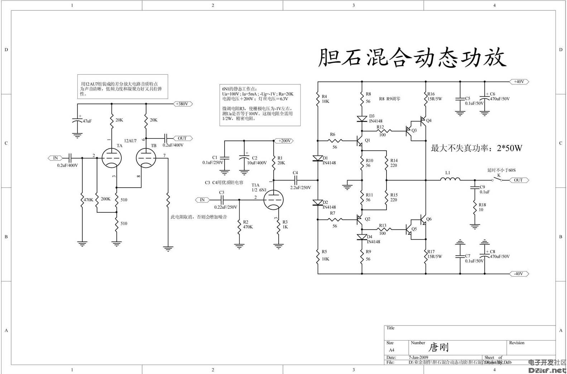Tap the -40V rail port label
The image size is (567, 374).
click(519, 274)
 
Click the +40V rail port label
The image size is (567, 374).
click(519, 82)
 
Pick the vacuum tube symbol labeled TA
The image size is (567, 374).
click(111, 158)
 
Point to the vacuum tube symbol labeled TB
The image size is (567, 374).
click(146, 158)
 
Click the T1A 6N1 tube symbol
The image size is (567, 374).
click(273, 200)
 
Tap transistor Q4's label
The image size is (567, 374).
click(429, 120)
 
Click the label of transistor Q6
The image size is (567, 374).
click(429, 219)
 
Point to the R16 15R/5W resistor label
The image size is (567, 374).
click(434, 96)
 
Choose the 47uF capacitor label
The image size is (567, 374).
click(87, 121)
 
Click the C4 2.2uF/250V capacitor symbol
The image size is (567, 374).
click(295, 180)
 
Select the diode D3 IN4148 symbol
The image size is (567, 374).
click(362, 119)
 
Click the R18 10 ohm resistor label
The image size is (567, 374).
click(482, 207)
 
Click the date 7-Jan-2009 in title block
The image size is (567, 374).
click(418, 358)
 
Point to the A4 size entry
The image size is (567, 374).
click(391, 350)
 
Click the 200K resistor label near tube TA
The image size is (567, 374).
click(106, 199)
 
